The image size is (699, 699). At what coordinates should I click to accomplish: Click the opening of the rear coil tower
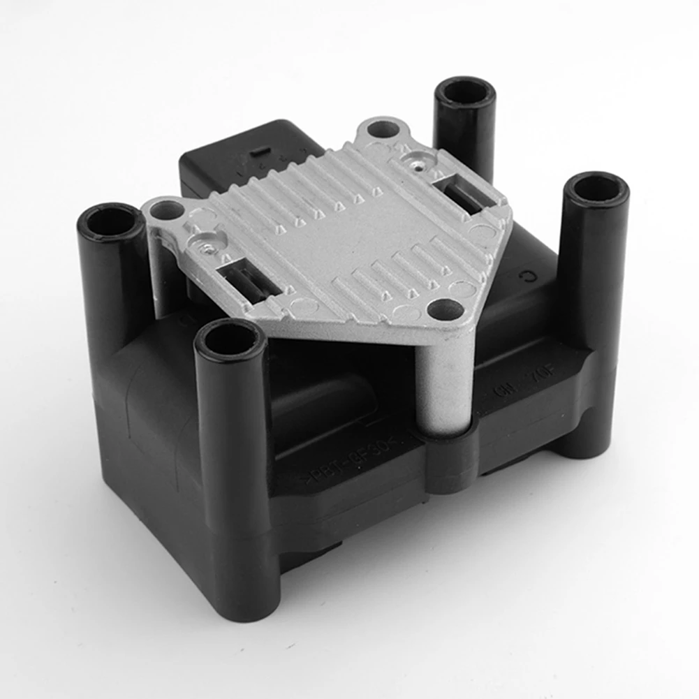(x=464, y=91)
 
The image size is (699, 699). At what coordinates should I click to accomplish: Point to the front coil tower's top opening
(x=229, y=339)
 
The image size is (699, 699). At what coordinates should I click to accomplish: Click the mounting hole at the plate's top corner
(x=382, y=129)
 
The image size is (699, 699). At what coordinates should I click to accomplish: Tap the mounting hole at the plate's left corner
(x=167, y=209)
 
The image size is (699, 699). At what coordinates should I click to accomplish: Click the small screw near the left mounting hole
(x=205, y=245)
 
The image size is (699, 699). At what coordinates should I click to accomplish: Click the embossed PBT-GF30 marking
(x=349, y=457)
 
